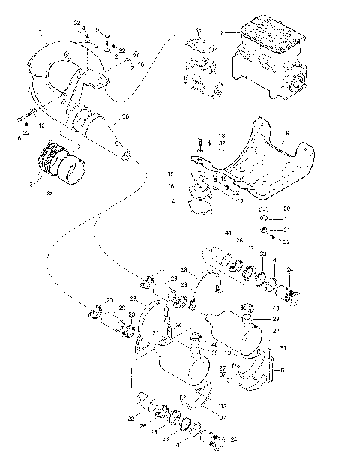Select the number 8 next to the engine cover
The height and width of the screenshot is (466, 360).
pos(222,32)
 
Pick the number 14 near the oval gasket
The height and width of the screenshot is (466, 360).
pos(171,201)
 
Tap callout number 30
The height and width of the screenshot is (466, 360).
pos(178,325)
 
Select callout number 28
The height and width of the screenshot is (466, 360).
pos(183,269)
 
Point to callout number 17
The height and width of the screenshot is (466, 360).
pos(221,150)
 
